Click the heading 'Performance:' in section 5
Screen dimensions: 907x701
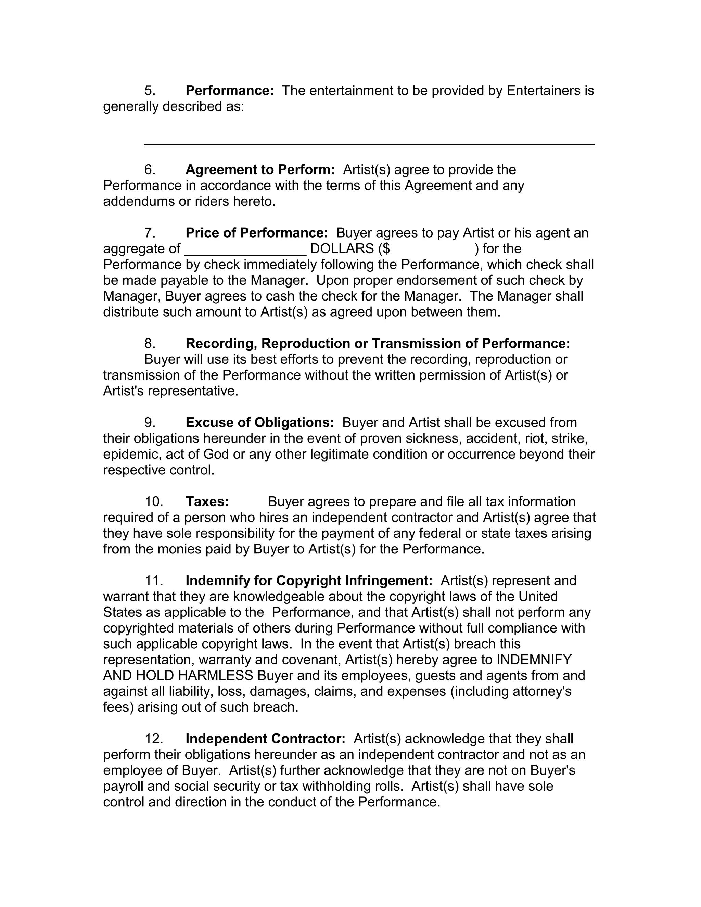coord(229,91)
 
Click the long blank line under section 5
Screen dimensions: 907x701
coord(369,144)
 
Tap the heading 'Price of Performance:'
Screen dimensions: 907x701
coord(257,232)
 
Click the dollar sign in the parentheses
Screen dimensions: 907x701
coord(386,249)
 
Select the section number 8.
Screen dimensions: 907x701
coord(150,343)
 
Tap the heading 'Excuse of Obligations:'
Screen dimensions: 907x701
coord(259,422)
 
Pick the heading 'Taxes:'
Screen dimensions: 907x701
coord(207,502)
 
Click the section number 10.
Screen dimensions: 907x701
coord(153,502)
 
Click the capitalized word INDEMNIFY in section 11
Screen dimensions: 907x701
coord(534,660)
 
